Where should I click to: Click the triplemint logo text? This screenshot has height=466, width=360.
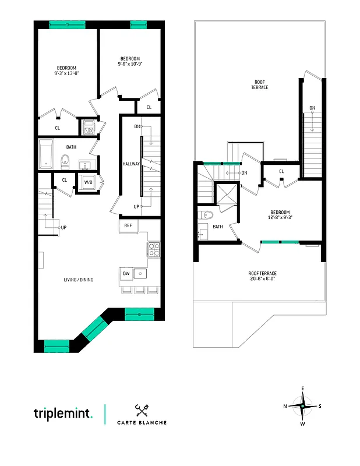pos(63,414)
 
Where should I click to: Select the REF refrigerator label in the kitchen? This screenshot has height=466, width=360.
pos(128,225)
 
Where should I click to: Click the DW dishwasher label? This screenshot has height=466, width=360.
pos(126,273)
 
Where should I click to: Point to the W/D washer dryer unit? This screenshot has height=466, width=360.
pos(89,182)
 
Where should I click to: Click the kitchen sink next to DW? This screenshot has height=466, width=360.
pos(140,273)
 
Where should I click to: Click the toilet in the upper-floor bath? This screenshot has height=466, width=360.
pos(203,216)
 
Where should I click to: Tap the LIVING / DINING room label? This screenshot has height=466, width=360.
pos(79,280)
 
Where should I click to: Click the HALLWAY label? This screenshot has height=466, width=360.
pos(130,164)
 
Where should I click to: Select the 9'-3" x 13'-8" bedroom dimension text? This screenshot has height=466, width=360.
pos(66,73)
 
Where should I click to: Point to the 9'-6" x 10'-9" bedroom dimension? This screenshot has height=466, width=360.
pos(130,64)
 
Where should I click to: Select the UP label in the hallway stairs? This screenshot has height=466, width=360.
pos(137,206)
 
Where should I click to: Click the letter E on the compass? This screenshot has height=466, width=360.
pos(302,388)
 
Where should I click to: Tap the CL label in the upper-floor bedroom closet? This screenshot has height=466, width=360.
pos(281,171)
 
